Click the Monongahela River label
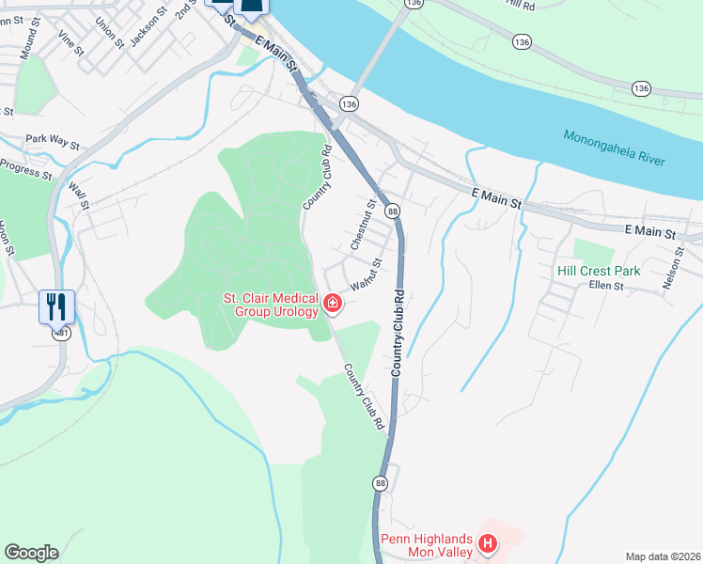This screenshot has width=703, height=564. coord(614,149)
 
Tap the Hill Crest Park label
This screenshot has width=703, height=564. coord(599,271)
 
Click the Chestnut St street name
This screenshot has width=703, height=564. coord(363,224)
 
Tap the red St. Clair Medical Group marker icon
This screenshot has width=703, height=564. coord(333,303)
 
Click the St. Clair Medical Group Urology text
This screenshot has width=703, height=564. coord(271,305)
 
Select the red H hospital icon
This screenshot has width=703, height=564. coord(487,542)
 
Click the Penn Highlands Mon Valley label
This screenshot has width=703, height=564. coord(427,546)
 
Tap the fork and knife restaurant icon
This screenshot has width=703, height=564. coord(55,305)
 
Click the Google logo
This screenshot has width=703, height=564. coord(31,553)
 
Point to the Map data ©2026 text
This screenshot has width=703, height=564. coord(662,556)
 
